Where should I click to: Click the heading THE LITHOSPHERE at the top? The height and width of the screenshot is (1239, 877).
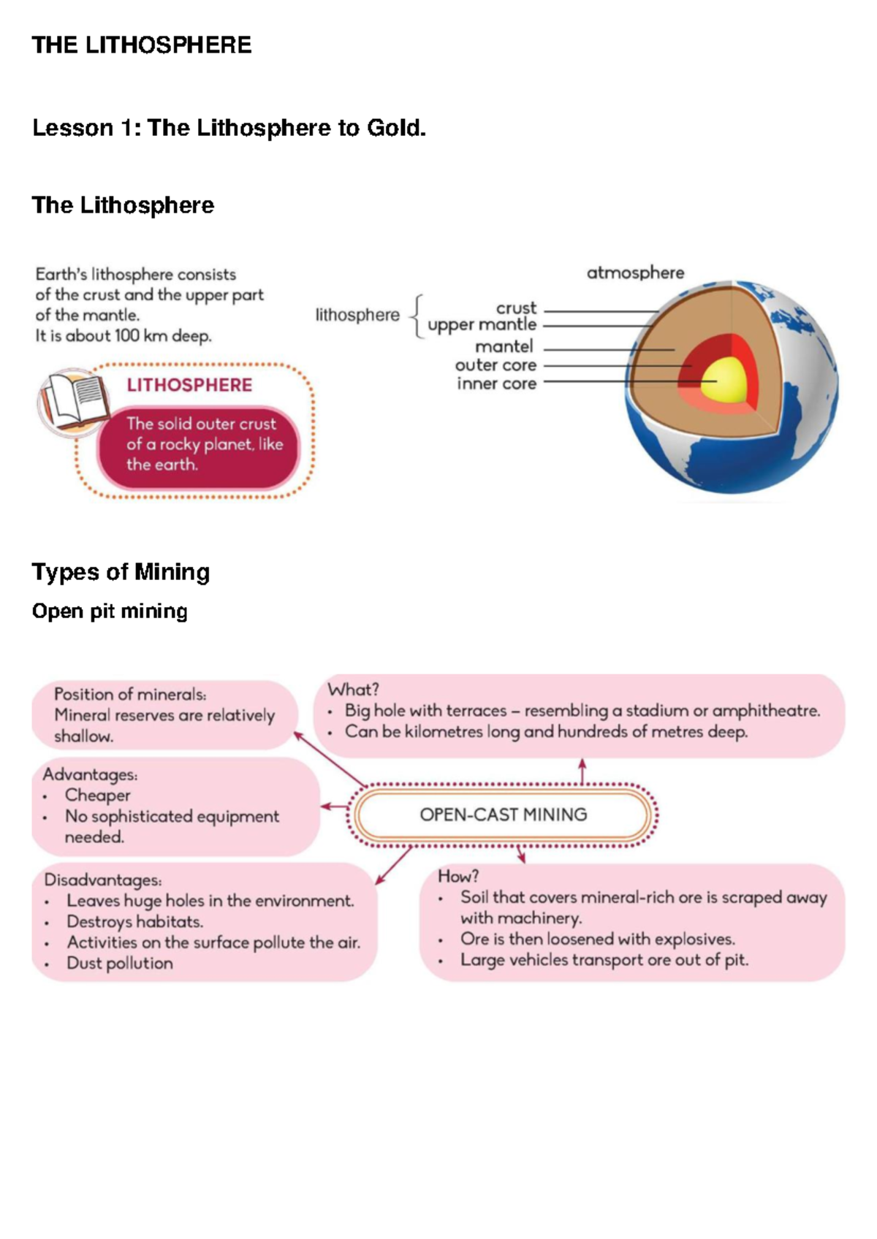[142, 45]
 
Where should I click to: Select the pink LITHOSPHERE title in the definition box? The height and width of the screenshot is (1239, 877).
[189, 385]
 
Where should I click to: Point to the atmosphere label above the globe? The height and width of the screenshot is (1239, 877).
[635, 273]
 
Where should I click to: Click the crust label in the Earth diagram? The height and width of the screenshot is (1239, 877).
[516, 308]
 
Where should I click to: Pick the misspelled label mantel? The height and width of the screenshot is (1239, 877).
[504, 346]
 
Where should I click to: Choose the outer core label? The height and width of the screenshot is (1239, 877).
[496, 365]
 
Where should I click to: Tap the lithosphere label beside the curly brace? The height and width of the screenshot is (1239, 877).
[357, 315]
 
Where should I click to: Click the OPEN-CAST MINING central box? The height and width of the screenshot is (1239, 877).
[503, 815]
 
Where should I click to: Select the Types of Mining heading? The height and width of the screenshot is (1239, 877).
[121, 571]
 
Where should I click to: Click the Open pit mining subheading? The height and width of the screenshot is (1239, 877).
[110, 611]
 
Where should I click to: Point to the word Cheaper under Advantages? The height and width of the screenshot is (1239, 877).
[97, 795]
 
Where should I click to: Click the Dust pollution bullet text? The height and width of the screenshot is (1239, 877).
[120, 963]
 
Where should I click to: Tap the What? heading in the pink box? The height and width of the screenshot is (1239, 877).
[353, 689]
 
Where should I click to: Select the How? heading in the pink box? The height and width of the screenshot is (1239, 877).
[458, 876]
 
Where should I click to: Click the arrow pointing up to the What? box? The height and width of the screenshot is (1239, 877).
[582, 771]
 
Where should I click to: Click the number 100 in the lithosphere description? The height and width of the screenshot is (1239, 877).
[127, 336]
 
